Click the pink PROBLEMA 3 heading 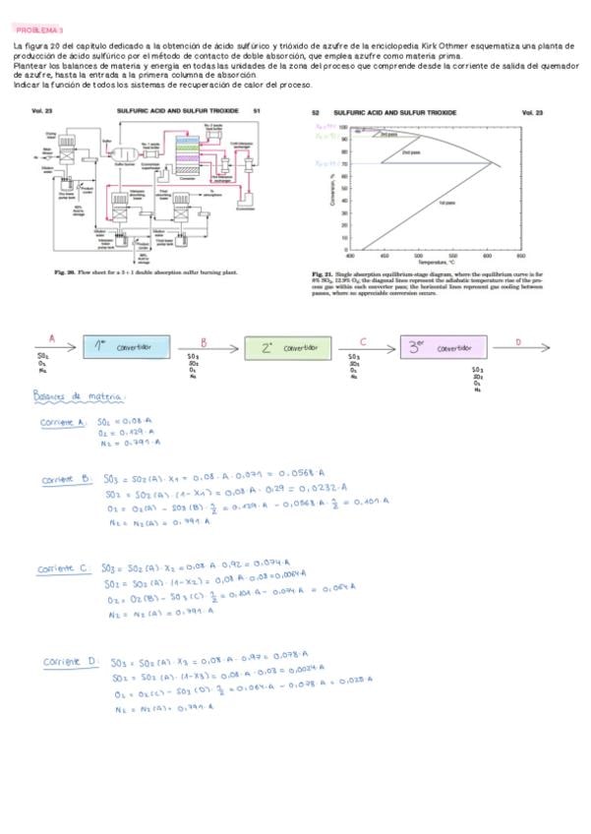[x=38, y=31]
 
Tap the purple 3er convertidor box [x=443, y=348]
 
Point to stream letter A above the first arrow [x=51, y=337]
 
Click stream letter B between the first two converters [x=204, y=341]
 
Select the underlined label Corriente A [x=64, y=422]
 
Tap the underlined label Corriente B [x=66, y=479]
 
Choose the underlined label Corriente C [x=64, y=568]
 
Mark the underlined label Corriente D [x=70, y=661]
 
